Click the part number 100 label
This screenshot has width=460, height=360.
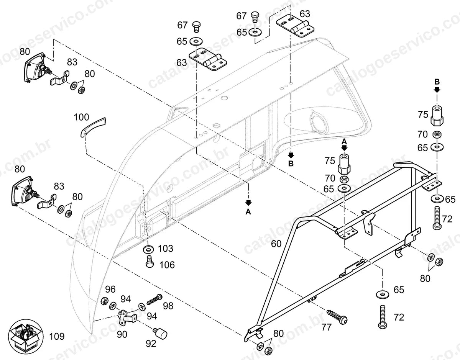(82, 117)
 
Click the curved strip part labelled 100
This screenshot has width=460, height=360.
(93, 127)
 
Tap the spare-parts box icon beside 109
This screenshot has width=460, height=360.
(26, 337)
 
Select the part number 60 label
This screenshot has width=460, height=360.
(276, 244)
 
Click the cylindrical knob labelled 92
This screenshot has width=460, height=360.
(160, 333)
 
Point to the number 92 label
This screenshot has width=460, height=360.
(151, 344)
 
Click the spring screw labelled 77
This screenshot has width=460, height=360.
(337, 316)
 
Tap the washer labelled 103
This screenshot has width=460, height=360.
(149, 249)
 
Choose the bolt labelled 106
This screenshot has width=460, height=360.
(149, 262)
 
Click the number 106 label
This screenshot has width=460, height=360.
(167, 265)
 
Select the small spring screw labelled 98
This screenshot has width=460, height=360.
(154, 299)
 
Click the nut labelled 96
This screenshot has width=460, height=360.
(104, 301)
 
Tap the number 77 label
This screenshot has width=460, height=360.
(326, 327)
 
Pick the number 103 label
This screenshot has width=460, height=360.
(166, 249)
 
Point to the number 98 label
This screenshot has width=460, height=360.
(168, 306)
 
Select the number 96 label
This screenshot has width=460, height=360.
(110, 290)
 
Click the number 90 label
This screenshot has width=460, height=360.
(122, 334)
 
